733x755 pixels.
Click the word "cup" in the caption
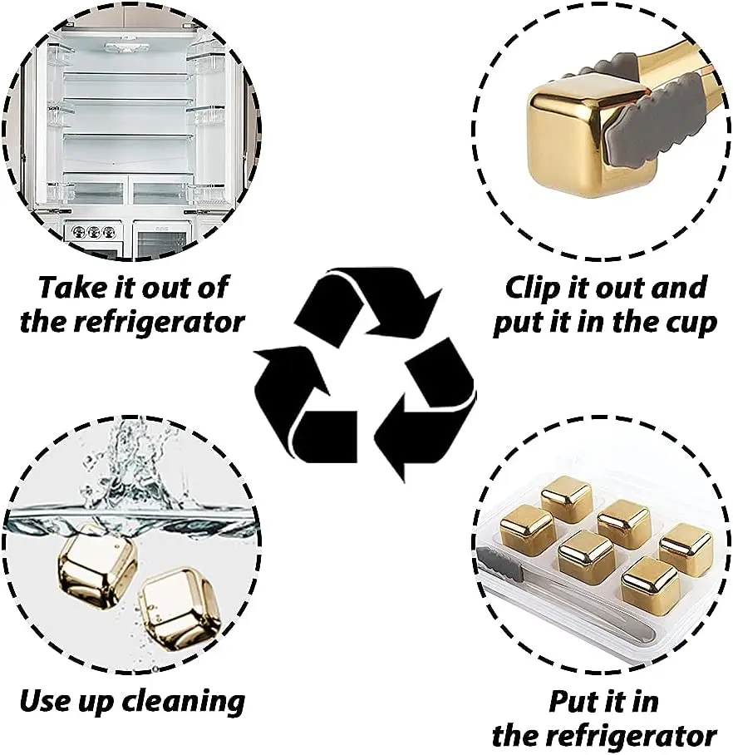[686, 322]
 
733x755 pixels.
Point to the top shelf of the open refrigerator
[129, 75]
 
